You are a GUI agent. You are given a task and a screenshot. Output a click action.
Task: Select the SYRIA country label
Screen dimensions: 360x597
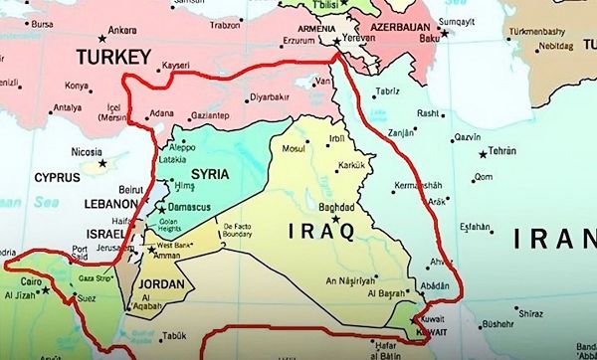(x=209, y=173)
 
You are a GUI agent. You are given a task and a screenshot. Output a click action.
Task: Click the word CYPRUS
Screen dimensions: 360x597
(x=57, y=177)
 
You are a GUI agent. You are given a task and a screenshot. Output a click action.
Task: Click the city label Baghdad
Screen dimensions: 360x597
(x=335, y=207)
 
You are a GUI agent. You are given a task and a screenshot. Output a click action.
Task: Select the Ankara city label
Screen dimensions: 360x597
(x=122, y=30)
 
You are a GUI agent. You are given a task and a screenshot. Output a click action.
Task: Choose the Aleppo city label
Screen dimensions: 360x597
(x=183, y=145)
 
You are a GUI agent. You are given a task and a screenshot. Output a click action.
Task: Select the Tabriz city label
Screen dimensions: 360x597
(x=387, y=91)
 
